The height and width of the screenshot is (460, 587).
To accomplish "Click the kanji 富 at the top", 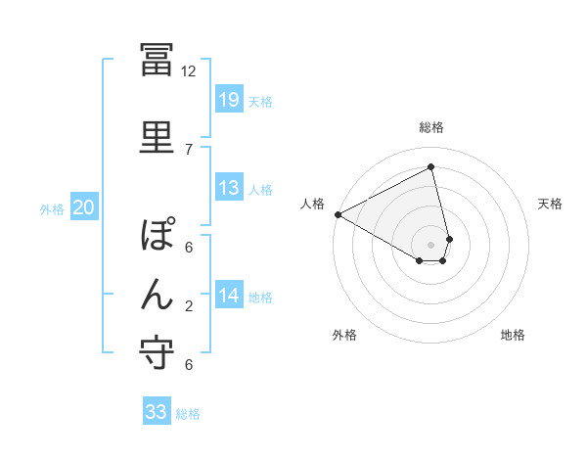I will tap(158, 62).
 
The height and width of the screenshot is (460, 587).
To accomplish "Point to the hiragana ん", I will tap(158, 293).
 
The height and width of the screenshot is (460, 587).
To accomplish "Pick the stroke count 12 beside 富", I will tap(189, 71).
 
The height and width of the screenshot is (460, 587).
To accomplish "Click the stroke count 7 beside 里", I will tap(189, 149).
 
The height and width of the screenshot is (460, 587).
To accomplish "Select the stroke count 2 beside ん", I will tap(189, 307).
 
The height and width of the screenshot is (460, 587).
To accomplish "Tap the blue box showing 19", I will tap(228, 100).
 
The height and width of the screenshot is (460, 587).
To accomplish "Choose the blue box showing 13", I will tap(228, 188).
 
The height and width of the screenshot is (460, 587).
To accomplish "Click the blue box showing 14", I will tap(228, 296).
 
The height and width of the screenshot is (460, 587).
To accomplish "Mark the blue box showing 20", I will tap(83, 207).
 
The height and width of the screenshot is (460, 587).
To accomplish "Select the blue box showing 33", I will tap(157, 412).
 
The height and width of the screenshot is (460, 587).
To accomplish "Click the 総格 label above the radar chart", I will tap(431, 127).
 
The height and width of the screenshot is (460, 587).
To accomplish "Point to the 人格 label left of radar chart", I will tap(313, 203).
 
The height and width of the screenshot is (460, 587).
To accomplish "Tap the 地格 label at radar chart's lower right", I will tap(513, 335).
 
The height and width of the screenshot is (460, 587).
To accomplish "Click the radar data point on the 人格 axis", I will tap(338, 214).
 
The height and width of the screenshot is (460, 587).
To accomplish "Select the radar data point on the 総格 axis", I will tap(431, 167).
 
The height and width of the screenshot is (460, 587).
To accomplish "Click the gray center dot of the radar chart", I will tap(431, 244).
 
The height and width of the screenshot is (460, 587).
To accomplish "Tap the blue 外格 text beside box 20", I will tap(52, 208).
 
